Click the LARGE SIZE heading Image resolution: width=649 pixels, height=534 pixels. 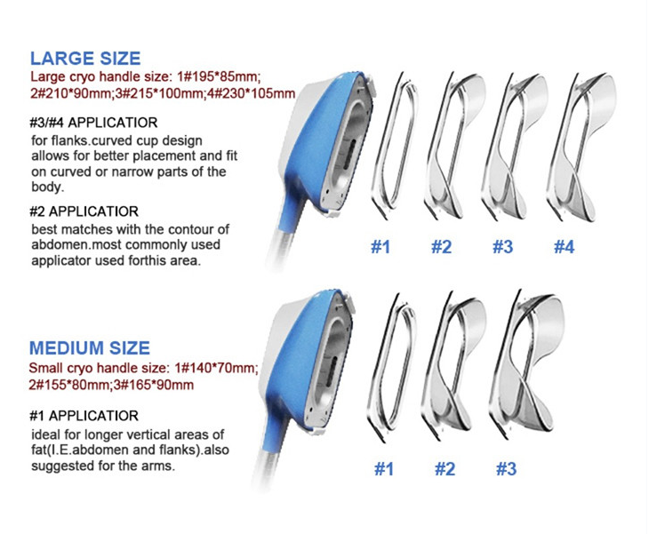[x=85, y=59]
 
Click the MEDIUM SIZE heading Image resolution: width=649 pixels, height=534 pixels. [x=90, y=348]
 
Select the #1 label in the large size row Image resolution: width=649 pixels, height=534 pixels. [x=381, y=247]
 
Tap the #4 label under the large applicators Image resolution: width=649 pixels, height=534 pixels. [x=565, y=247]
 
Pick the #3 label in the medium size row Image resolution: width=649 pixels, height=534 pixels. [x=506, y=469]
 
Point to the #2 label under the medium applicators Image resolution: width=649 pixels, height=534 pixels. [x=445, y=469]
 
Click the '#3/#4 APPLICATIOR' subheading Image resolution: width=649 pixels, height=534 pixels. [x=93, y=123]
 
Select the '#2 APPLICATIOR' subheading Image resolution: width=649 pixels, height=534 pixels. [x=84, y=211]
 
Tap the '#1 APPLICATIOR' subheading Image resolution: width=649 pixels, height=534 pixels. [x=84, y=416]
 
